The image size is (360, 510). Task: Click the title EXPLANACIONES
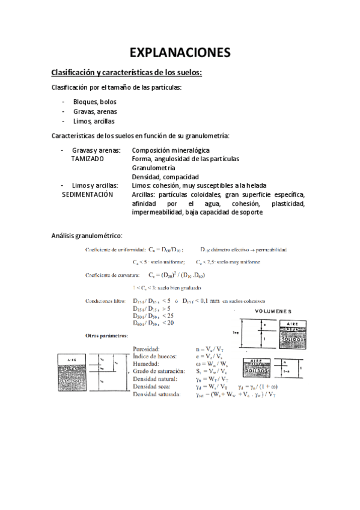point(180,52)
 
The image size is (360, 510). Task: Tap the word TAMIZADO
point(87,159)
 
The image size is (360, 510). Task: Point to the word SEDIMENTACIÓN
point(88,195)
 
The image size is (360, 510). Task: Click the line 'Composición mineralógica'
point(171,150)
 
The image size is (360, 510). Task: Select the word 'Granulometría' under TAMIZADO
point(153,168)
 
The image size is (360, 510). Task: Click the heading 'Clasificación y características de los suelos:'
point(126,73)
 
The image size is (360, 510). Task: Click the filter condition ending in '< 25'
point(153,315)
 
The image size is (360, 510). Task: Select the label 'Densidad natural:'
point(156,379)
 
